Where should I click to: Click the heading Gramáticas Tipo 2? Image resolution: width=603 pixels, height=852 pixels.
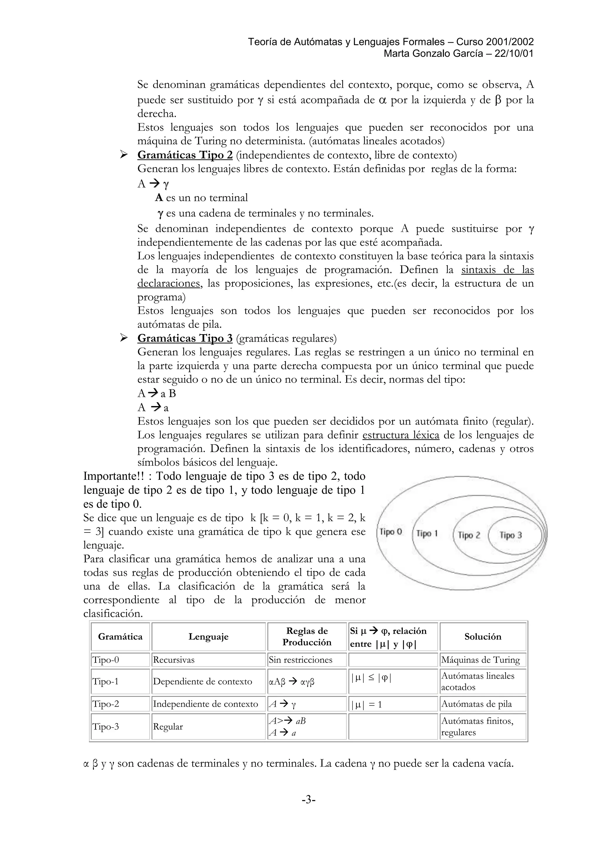pos(185,155)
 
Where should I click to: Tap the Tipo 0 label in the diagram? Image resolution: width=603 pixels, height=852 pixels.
pos(391,532)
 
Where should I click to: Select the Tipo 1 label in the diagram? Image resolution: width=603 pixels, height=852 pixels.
pos(427,534)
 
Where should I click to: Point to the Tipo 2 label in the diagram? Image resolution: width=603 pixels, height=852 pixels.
pos(469,535)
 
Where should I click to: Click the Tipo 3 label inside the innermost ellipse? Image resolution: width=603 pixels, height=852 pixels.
pos(511,535)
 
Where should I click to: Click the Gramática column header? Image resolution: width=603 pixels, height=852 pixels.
pos(120,637)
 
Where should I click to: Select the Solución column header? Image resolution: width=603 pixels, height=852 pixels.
pos(483,637)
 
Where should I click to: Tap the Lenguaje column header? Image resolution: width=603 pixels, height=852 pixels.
pos(208,637)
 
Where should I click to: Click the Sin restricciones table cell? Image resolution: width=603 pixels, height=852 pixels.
pos(300,660)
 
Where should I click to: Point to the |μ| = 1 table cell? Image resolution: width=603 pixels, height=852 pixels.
pos(366,704)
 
